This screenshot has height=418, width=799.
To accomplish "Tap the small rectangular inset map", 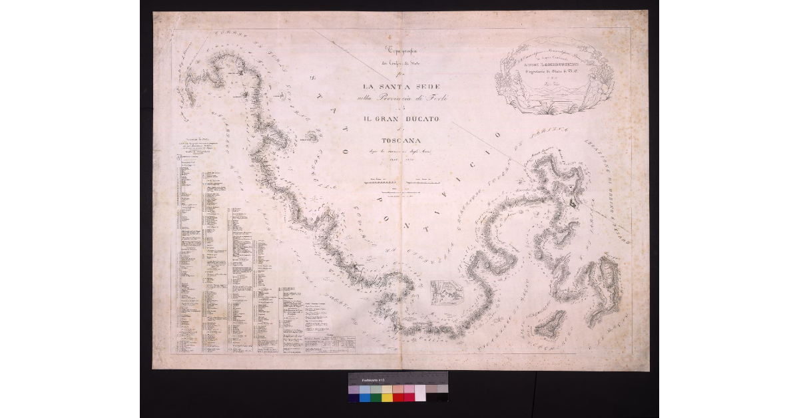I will [447, 292].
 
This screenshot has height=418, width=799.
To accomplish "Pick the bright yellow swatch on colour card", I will [387, 397].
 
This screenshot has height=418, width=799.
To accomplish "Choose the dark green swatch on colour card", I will [376, 397].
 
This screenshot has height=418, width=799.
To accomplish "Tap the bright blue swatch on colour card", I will [365, 397].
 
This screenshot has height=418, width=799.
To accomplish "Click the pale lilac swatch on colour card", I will [354, 389].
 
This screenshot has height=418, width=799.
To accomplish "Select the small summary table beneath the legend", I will [329, 342].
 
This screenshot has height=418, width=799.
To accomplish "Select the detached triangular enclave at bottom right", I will [550, 324].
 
